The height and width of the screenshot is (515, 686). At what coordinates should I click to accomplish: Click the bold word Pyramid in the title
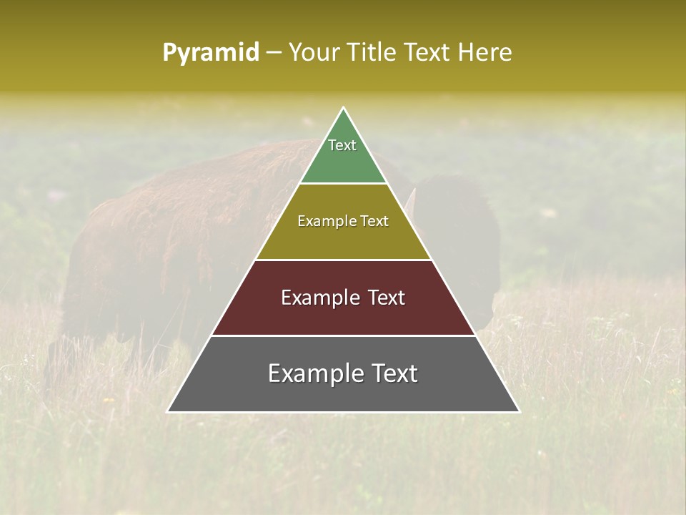pos(210,53)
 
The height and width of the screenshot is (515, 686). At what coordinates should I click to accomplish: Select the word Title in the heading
pos(374,52)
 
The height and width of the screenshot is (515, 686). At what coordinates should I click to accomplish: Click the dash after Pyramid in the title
pos(274,53)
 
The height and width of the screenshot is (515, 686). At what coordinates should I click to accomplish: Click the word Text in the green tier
pos(342,145)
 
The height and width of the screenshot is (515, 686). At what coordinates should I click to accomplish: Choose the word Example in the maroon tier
pos(319,298)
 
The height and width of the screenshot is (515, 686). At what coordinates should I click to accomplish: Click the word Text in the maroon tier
pos(386,298)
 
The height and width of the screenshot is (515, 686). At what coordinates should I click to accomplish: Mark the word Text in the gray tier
pos(393,373)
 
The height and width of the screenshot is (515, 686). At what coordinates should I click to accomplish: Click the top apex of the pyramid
pos(344,109)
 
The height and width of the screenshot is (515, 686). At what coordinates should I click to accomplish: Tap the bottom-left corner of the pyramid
pos(169,411)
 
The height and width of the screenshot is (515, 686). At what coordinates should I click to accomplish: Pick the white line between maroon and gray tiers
pos(344,335)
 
